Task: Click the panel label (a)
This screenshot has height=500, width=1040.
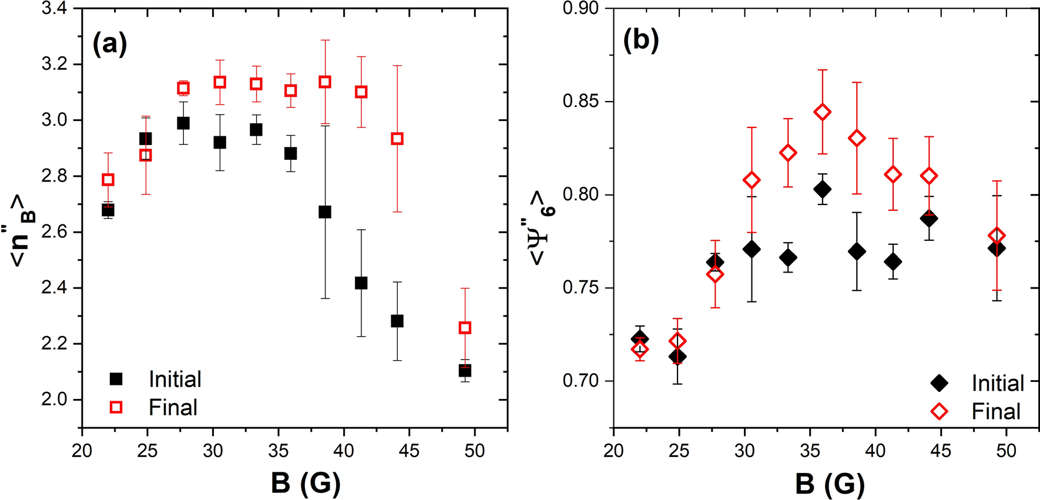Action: pyautogui.click(x=110, y=44)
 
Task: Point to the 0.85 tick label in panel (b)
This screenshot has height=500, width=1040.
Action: pyautogui.click(x=581, y=102)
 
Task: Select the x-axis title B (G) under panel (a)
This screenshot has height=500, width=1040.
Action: pyautogui.click(x=306, y=484)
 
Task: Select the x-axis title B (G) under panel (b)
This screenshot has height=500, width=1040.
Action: pyautogui.click(x=830, y=484)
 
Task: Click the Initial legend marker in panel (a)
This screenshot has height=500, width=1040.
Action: pyautogui.click(x=116, y=379)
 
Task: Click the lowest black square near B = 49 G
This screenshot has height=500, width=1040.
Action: pyautogui.click(x=465, y=371)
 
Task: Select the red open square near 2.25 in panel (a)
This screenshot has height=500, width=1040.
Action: pyautogui.click(x=465, y=328)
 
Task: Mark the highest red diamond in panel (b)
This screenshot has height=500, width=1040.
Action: pyautogui.click(x=823, y=112)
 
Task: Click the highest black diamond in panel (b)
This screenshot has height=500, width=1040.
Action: pyautogui.click(x=823, y=190)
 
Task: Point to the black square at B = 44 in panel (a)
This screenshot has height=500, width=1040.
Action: pyautogui.click(x=397, y=321)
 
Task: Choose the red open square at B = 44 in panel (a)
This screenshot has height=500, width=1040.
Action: pyautogui.click(x=397, y=139)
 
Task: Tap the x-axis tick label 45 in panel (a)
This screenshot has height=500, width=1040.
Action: pyautogui.click(x=409, y=451)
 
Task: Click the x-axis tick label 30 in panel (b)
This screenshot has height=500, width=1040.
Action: pyautogui.click(x=744, y=451)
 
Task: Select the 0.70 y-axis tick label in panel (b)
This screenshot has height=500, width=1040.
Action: pyautogui.click(x=581, y=381)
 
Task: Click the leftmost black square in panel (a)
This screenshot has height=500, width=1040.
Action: pyautogui.click(x=108, y=210)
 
